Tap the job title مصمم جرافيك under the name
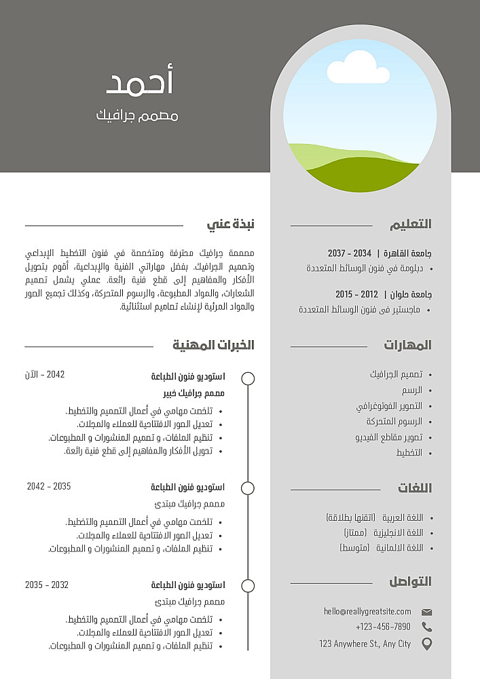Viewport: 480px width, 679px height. [137, 115]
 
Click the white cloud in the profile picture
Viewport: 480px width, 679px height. [352, 67]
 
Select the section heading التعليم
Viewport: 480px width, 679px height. [410, 224]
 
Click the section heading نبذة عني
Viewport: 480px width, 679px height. [231, 224]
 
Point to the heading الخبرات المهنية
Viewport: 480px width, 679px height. [213, 345]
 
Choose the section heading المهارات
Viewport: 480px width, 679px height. [407, 345]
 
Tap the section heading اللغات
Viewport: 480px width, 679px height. [414, 488]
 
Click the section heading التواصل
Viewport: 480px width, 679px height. [410, 582]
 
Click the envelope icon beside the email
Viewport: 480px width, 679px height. [426, 612]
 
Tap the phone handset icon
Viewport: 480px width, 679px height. [426, 627]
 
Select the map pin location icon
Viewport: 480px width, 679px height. [426, 644]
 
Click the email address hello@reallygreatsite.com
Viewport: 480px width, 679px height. [367, 612]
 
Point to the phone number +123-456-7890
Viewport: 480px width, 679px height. [383, 627]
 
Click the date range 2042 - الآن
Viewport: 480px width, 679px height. [45, 375]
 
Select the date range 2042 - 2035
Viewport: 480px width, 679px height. [49, 486]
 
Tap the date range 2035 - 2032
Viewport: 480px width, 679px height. [47, 585]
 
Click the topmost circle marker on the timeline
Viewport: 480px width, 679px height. [248, 378]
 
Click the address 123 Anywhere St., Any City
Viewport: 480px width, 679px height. [365, 644]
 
